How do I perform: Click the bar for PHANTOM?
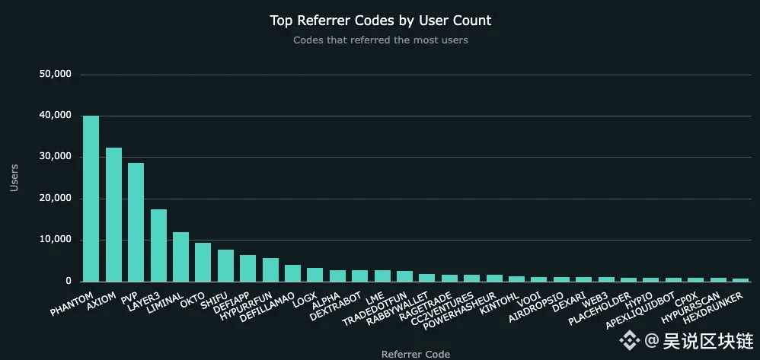91,199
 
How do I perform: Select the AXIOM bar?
113,215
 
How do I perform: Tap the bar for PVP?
136,222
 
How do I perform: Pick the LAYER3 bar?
158,245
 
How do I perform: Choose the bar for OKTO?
203,262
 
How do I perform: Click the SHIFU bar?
225,266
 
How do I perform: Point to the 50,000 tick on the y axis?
55,75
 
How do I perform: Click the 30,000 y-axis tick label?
55,157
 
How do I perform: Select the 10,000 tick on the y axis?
55,240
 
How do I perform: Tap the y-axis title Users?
14,177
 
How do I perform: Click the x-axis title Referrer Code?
415,354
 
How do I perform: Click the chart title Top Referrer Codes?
381,21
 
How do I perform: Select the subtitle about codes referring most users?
381,40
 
